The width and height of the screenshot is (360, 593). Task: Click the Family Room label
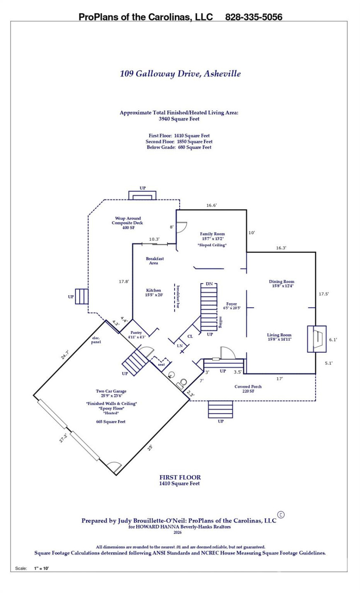[212, 236]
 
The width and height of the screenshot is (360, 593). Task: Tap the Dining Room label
[282, 284]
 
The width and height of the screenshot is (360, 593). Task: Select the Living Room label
[279, 337]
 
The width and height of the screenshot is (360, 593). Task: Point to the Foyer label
[231, 306]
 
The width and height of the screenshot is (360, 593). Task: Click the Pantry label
[136, 335]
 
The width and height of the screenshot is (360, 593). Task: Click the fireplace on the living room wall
[316, 339]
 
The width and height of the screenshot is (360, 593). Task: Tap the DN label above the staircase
[209, 284]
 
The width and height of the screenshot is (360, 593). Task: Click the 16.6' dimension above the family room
[211, 205]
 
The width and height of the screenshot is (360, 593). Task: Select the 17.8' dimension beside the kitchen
[124, 282]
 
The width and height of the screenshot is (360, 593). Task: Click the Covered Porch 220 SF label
[248, 389]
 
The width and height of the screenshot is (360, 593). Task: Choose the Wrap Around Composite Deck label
[128, 223]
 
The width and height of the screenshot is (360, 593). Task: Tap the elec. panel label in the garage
[96, 340]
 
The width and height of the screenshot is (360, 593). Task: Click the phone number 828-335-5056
[254, 17]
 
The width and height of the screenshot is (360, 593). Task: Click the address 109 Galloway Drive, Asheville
[180, 74]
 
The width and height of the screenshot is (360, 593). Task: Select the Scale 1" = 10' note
[32, 568]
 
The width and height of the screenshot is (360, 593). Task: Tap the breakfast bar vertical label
[178, 296]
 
